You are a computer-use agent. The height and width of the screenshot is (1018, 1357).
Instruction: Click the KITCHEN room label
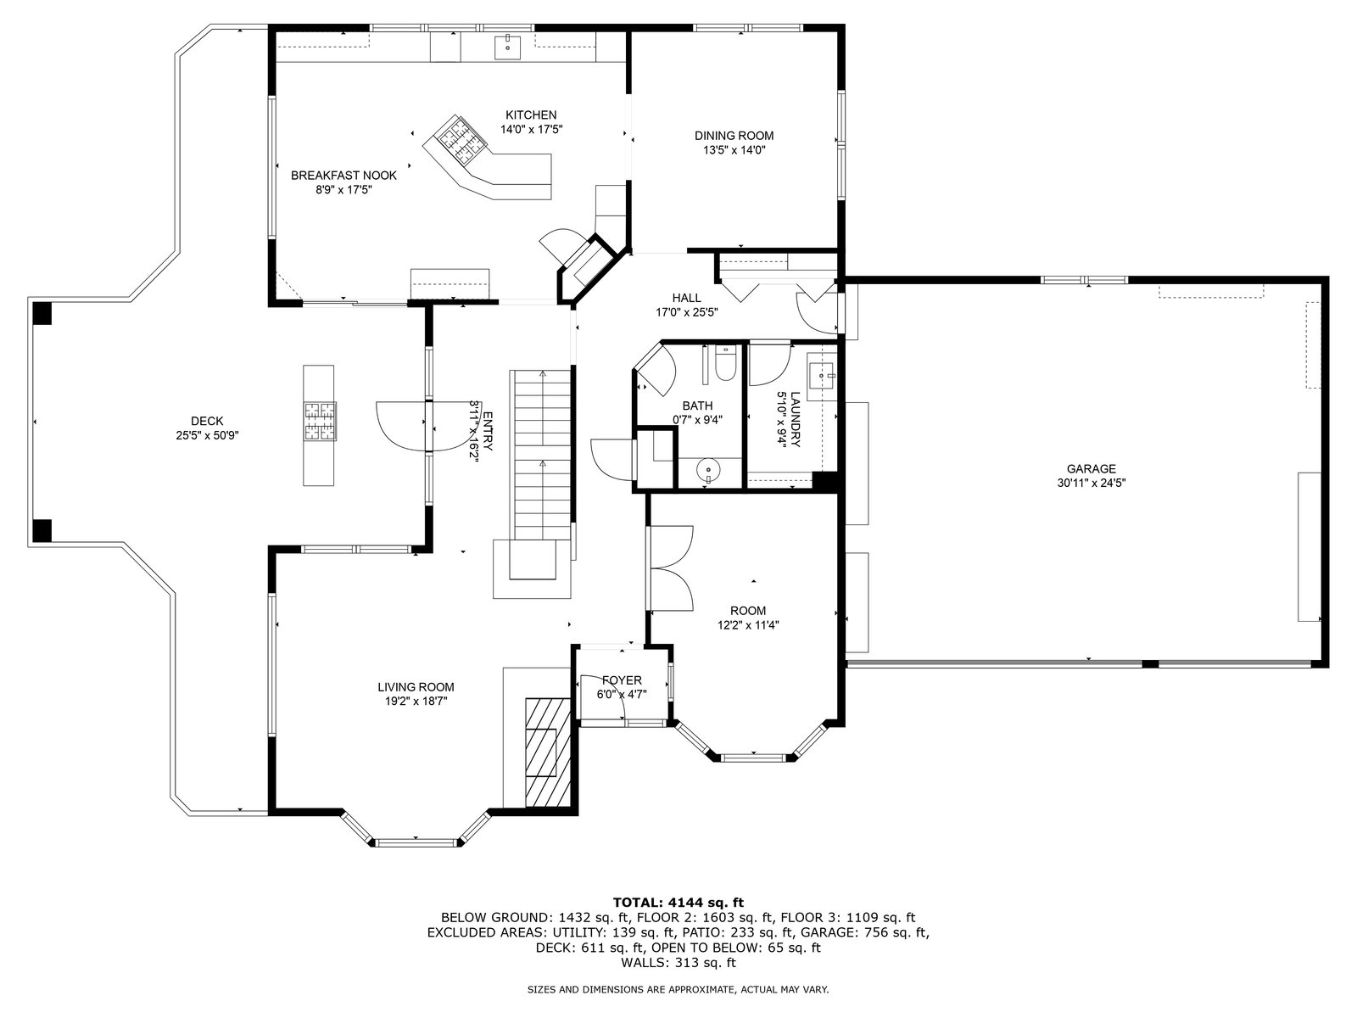[x=531, y=115]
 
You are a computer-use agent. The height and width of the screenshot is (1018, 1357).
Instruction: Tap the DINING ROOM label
[x=734, y=136]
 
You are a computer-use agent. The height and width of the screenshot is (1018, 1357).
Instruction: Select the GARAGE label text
[x=1092, y=469]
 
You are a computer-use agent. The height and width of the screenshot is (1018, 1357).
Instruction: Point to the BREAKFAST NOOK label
[x=343, y=176]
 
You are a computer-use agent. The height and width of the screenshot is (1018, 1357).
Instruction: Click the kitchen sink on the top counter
[x=507, y=48]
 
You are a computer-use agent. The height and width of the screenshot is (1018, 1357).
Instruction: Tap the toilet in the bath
[x=724, y=363]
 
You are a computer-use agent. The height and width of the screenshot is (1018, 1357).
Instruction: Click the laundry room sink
[x=822, y=375]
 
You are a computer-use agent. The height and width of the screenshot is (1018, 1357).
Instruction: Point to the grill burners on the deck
[x=320, y=421]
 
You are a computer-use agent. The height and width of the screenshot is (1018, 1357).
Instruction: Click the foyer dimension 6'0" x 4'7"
[x=622, y=694]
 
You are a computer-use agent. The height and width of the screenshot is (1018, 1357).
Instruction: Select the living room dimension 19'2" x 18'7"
[x=416, y=701]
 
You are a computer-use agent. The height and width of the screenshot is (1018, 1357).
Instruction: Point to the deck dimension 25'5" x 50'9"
[x=207, y=435]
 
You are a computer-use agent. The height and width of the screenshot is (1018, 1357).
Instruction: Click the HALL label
[x=686, y=299]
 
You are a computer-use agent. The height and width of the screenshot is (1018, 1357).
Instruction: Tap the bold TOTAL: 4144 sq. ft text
[x=678, y=903]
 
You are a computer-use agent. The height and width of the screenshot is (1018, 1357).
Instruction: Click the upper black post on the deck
[x=42, y=313]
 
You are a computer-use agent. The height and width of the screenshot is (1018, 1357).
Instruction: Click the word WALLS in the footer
[x=640, y=962]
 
